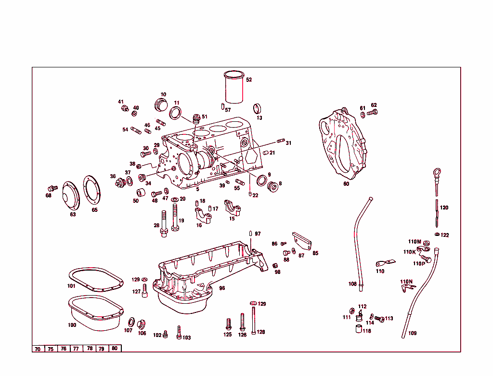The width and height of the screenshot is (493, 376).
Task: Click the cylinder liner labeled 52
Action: pyautogui.click(x=234, y=87)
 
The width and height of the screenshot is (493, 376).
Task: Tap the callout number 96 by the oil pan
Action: pyautogui.click(x=222, y=288)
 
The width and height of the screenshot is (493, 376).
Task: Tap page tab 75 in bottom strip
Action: pyautogui.click(x=50, y=349)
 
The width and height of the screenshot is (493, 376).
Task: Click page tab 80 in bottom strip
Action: pyautogui.click(x=114, y=348)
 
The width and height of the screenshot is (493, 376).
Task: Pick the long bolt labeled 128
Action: pyautogui.click(x=253, y=318)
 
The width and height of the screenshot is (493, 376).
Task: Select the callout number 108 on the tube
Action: pyautogui.click(x=352, y=284)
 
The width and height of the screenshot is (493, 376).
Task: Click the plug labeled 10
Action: pyautogui.click(x=160, y=104)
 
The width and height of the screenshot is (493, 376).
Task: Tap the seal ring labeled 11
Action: pyautogui.click(x=176, y=113)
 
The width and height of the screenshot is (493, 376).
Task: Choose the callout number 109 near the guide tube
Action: pyautogui.click(x=413, y=333)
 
